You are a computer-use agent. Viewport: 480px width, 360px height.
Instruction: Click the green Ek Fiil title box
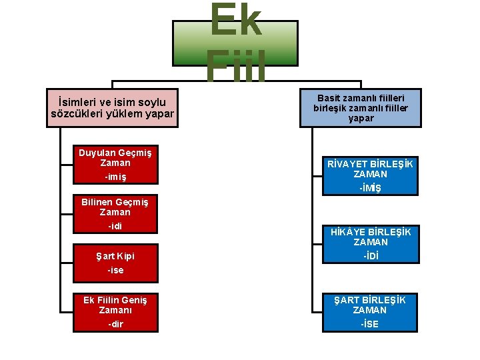(235, 43)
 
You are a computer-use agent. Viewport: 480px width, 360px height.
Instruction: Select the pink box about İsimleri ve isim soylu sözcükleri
(112, 107)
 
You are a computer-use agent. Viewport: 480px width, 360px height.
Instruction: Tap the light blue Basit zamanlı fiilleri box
(361, 107)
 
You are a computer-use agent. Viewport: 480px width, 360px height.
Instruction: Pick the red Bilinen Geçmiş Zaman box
(115, 215)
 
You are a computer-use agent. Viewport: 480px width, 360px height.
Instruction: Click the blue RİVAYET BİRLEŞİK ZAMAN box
(369, 176)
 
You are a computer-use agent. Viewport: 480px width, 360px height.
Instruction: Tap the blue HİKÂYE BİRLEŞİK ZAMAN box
(369, 245)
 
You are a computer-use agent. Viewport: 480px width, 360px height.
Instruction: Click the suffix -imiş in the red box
(115, 177)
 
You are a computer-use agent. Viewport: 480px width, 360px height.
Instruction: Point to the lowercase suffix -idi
(115, 226)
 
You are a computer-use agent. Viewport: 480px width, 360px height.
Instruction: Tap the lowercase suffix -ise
(115, 271)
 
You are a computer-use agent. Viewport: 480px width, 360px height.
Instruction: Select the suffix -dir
(115, 325)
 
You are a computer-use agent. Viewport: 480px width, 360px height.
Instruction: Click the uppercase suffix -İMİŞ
(370, 188)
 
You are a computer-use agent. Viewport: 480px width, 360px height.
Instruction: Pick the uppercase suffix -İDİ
(370, 256)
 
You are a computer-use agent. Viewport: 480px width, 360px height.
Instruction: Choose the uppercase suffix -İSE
(370, 324)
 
